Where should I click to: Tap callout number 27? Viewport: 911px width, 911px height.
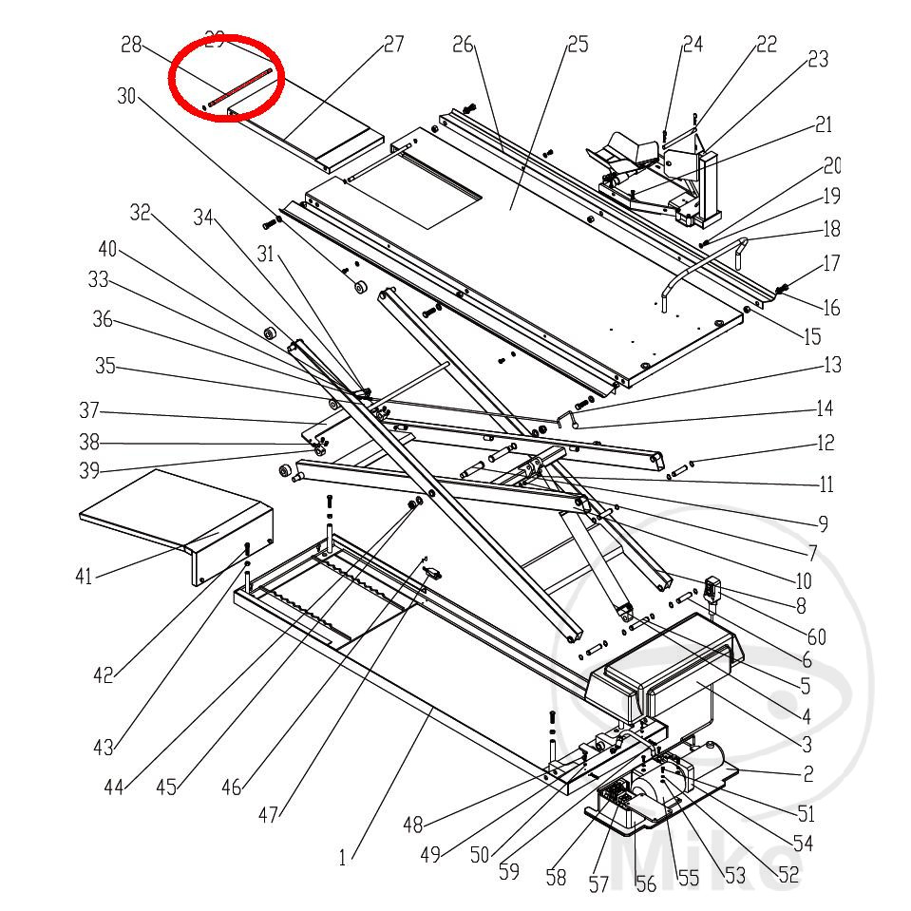[x=393, y=44]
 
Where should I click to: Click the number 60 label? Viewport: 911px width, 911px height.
[x=816, y=636]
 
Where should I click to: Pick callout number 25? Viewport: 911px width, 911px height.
[x=578, y=44]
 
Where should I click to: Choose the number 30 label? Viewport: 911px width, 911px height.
[x=127, y=95]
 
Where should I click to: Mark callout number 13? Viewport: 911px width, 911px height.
[x=832, y=365]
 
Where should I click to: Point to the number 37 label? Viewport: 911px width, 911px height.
[x=89, y=411]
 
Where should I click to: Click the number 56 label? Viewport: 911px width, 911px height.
[x=646, y=884]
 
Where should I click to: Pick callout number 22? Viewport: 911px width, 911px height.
[x=766, y=44]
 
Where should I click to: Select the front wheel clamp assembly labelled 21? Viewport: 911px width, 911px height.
[x=655, y=171]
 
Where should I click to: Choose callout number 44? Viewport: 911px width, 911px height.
[x=115, y=787]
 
